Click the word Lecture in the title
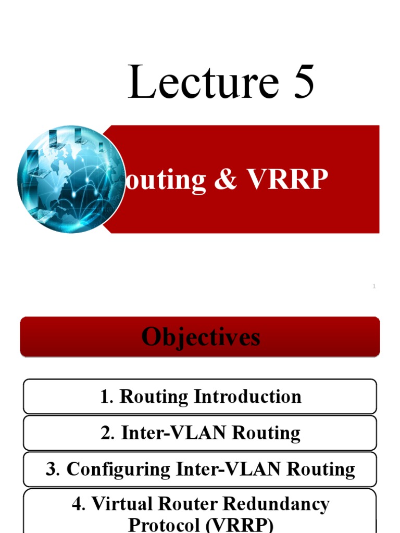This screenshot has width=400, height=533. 202,82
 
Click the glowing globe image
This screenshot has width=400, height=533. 71,179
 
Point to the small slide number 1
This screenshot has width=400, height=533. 374,286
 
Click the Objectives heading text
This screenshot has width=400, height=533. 201,337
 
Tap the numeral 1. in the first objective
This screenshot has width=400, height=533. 107,397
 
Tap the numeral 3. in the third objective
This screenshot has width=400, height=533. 53,469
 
